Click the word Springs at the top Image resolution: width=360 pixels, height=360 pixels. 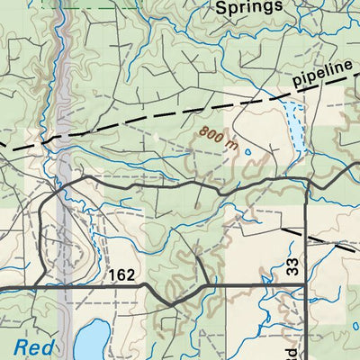[249, 7]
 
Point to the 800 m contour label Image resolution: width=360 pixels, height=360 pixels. [219, 138]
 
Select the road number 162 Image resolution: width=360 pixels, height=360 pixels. [125, 274]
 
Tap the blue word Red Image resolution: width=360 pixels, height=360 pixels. [34, 346]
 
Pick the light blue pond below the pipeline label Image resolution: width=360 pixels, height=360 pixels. [293, 126]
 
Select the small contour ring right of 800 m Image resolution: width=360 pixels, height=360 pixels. [247, 151]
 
